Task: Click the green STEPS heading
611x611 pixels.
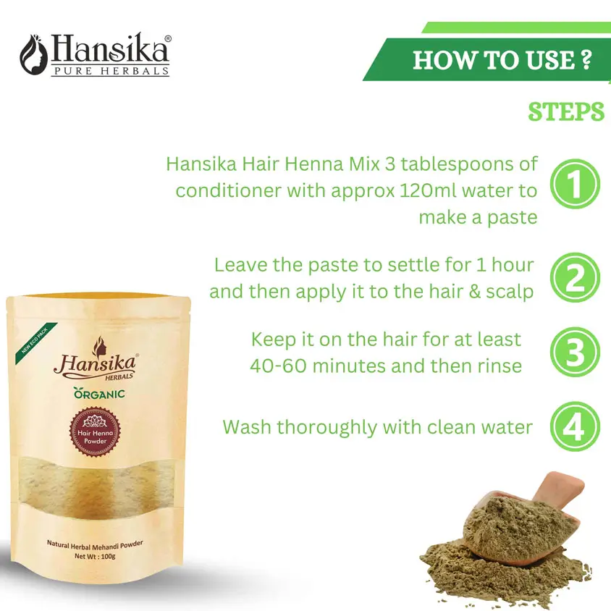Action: point(566,112)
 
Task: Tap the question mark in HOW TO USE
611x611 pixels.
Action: point(586,59)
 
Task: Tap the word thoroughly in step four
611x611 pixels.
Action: point(327,428)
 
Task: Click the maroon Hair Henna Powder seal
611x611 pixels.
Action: point(95,431)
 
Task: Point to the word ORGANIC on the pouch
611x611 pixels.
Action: point(99,394)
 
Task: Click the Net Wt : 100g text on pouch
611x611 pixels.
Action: point(95,556)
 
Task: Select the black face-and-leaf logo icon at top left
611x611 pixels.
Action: point(33,54)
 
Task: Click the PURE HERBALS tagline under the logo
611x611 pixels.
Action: point(111,71)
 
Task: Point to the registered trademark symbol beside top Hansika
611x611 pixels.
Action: point(168,38)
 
